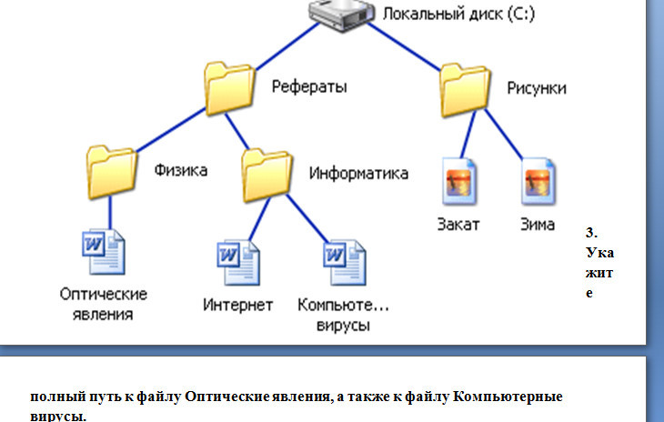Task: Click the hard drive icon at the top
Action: click(x=341, y=15)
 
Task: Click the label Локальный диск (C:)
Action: click(x=458, y=14)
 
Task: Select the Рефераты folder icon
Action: click(x=230, y=88)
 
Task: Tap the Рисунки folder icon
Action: click(x=465, y=90)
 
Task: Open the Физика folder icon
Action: click(x=112, y=172)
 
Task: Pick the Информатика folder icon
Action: click(x=267, y=176)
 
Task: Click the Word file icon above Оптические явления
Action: click(x=104, y=252)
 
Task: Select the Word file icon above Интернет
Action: click(x=238, y=263)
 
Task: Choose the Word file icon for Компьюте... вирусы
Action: click(x=345, y=263)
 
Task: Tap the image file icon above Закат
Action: click(x=459, y=182)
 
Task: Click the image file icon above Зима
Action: click(x=538, y=182)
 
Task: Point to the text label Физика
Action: click(x=181, y=170)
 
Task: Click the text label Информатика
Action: click(x=358, y=173)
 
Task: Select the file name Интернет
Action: click(x=238, y=305)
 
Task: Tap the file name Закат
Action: click(x=458, y=225)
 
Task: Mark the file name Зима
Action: click(x=538, y=225)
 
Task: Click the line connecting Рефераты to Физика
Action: click(x=171, y=130)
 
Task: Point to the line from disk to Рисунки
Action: click(x=405, y=47)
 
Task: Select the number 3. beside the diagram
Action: click(x=591, y=233)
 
